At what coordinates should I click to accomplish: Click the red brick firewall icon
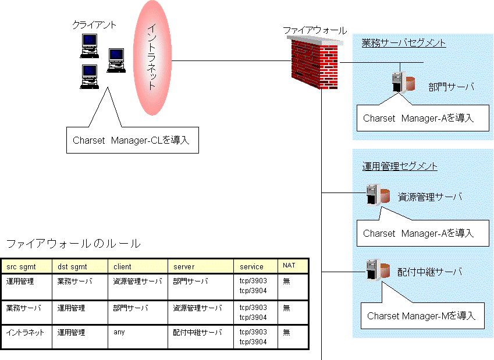tap(314, 63)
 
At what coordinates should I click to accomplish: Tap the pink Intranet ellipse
tap(152, 58)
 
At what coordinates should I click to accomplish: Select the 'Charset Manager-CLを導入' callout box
tap(133, 140)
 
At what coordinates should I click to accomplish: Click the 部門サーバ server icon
tap(403, 82)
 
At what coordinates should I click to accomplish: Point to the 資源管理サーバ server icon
tap(378, 195)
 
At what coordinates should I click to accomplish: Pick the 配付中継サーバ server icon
tap(378, 270)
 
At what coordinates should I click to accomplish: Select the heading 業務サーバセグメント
tap(404, 43)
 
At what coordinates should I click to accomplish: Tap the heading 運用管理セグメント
tap(400, 166)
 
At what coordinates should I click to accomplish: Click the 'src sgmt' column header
tap(21, 267)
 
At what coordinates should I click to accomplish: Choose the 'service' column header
tap(251, 267)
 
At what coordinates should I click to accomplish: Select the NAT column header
tap(289, 266)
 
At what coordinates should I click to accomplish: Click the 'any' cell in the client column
tap(119, 332)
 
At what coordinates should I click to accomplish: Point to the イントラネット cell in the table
tap(25, 332)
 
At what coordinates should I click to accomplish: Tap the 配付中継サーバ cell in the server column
tap(197, 332)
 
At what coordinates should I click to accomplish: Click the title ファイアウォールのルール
tap(73, 244)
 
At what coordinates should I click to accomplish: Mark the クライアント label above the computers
tap(94, 25)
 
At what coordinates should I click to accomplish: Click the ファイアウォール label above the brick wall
tap(315, 30)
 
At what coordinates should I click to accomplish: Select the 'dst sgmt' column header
tap(72, 267)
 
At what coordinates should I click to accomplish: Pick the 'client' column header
tap(122, 267)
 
